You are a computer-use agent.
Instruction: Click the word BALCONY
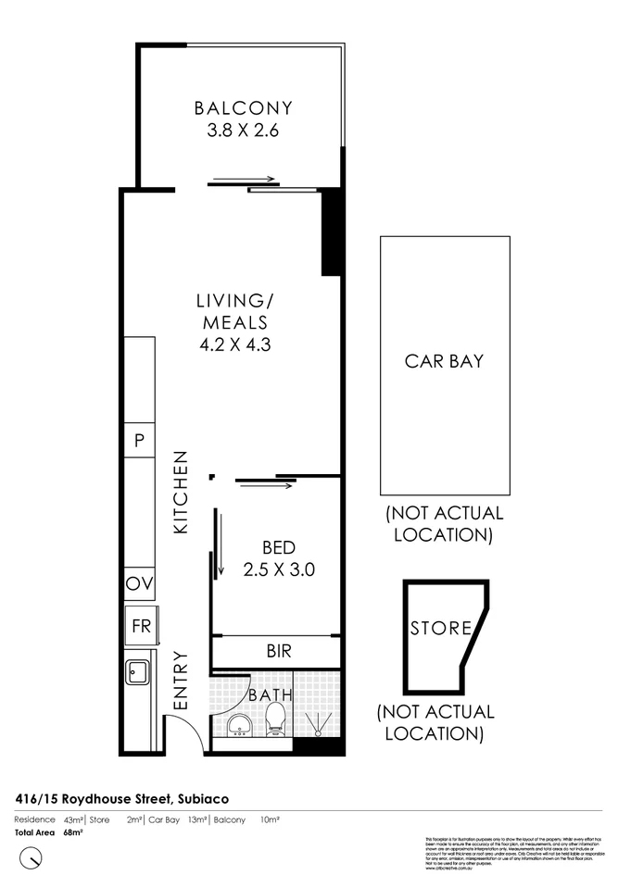[x=243, y=108]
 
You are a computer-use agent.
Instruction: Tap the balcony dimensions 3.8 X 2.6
[x=243, y=131]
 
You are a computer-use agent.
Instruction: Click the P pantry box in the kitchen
[x=140, y=441]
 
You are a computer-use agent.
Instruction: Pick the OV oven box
[x=141, y=585]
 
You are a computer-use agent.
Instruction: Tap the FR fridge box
[x=141, y=626]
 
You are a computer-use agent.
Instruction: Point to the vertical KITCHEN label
[x=182, y=492]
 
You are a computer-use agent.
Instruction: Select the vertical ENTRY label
[x=181, y=681]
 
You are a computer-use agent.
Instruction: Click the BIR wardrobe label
[x=278, y=652]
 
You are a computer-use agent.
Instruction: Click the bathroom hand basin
[x=237, y=723]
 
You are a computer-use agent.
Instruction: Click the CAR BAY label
[x=444, y=361]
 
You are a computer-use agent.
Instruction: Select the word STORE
[x=441, y=628]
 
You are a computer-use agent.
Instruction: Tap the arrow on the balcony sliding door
[x=244, y=180]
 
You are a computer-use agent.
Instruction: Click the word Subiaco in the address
[x=201, y=798]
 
